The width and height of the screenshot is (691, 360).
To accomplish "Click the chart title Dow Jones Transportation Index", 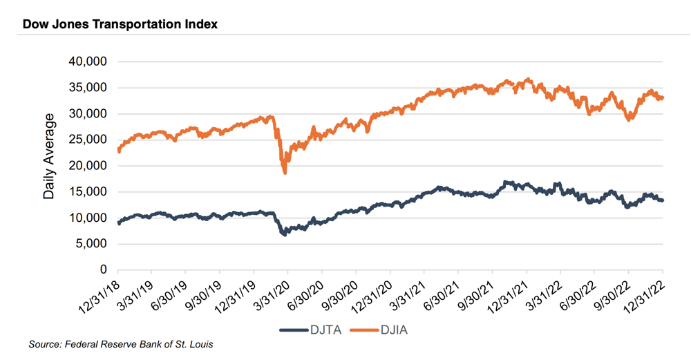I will (x=120, y=24).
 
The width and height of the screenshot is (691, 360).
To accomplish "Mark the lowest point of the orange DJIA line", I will (x=285, y=172).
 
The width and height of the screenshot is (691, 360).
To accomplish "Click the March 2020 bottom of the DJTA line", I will (x=284, y=235).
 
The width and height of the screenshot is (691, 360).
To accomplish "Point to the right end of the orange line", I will (x=663, y=97).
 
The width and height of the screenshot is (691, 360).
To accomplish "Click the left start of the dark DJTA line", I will (x=119, y=223).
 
